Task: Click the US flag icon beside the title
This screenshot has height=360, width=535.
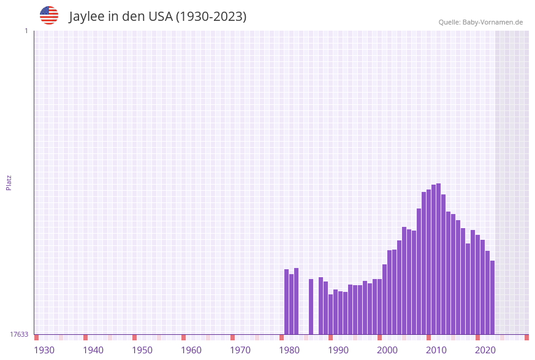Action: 49,15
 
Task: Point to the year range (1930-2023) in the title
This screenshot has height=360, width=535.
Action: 211,17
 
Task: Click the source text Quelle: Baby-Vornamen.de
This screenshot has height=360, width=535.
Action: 480,22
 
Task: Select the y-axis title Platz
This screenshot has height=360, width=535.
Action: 9,182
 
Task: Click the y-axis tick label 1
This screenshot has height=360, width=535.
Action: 26,31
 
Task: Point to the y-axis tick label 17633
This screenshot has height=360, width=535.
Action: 19,334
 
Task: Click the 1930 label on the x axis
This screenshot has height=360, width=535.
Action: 44,350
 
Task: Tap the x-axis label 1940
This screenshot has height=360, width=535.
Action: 93,350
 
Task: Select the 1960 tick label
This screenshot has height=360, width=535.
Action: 191,350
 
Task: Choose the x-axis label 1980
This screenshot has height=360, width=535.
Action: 289,350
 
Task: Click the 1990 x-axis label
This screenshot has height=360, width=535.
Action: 338,350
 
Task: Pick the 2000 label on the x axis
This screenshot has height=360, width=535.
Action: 387,350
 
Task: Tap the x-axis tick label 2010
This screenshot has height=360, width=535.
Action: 436,350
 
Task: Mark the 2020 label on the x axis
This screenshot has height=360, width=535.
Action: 485,350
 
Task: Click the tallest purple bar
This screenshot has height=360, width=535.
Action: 438,258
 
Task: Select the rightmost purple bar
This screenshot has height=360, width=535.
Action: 492,297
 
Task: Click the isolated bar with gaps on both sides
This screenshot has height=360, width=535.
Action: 311,307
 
